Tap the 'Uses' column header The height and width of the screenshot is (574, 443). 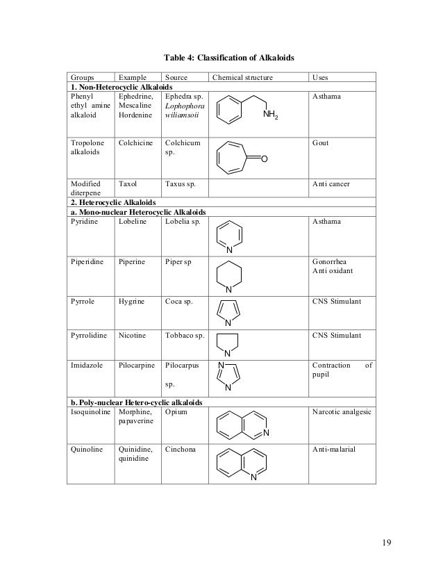(321, 77)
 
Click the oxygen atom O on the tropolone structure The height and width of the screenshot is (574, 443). (265, 159)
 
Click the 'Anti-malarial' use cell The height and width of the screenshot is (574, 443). (333, 449)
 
